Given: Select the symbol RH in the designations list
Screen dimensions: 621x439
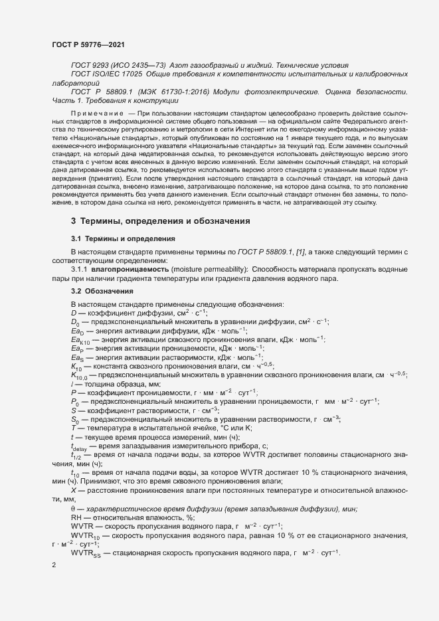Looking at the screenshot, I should [x=76, y=517].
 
